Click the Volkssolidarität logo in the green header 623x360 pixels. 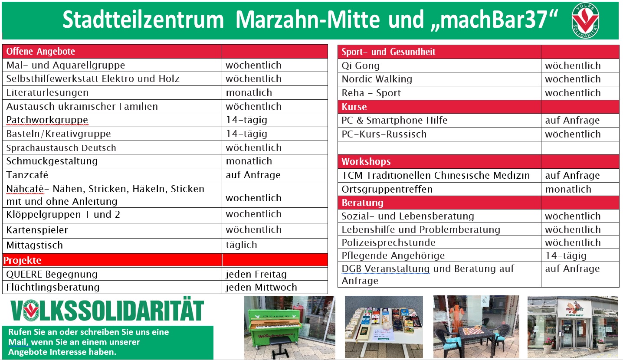click(585, 20)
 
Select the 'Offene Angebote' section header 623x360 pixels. click(41, 52)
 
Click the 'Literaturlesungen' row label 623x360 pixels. click(47, 92)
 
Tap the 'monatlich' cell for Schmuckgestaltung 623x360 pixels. click(249, 161)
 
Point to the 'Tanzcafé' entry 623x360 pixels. click(27, 175)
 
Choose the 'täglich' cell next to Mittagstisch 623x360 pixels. click(241, 245)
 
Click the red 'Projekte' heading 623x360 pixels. click(22, 260)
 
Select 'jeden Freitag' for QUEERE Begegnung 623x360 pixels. click(256, 274)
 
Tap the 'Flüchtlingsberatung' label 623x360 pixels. click(53, 287)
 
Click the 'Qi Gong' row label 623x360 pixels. click(361, 66)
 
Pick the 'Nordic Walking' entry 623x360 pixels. click(377, 79)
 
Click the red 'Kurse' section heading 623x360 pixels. click(354, 107)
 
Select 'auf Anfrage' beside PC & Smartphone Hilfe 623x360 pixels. click(572, 121)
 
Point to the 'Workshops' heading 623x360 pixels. click(366, 161)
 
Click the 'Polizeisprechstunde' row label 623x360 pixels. click(389, 243)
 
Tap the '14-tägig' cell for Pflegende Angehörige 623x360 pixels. click(566, 255)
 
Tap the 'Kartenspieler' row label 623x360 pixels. click(37, 230)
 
